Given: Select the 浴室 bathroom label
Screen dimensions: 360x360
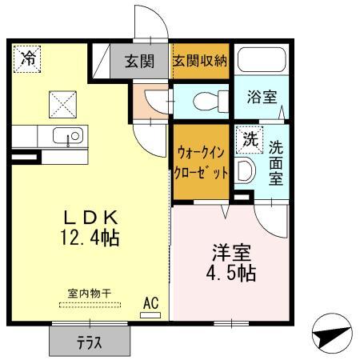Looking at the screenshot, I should (262, 98).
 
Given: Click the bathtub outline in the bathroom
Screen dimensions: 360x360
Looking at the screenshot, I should (262, 60).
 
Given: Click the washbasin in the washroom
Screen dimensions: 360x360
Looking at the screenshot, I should (245, 170).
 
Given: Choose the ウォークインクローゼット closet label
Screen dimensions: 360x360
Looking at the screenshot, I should (201, 161).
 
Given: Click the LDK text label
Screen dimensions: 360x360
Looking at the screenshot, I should (90, 217).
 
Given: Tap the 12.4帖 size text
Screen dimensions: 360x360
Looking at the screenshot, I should (90, 238).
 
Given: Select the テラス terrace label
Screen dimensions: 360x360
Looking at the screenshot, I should (90, 342).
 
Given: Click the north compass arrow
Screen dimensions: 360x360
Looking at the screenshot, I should (331, 338).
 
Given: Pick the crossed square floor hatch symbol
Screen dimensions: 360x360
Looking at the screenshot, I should (62, 103).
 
